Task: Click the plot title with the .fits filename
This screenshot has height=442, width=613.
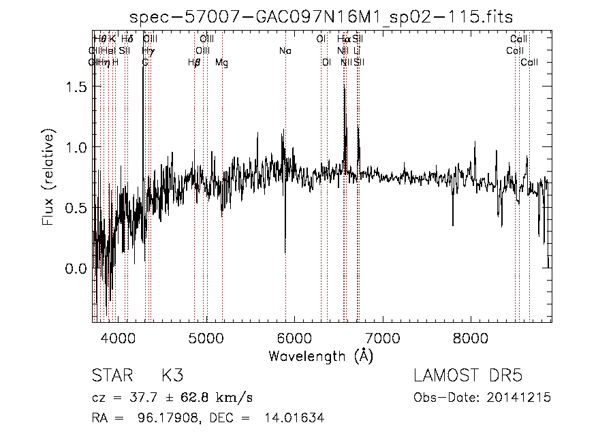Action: [322, 17]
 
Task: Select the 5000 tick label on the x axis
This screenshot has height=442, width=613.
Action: [206, 337]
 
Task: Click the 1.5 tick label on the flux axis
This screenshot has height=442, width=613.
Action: [76, 87]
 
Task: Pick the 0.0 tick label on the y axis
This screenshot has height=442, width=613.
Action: [76, 268]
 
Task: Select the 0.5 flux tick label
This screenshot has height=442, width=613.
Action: [76, 208]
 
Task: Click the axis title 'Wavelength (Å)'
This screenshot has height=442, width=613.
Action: [321, 356]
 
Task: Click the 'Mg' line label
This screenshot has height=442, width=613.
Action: [222, 63]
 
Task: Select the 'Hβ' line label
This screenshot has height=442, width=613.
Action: [195, 63]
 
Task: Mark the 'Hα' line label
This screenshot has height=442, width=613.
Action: [343, 40]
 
